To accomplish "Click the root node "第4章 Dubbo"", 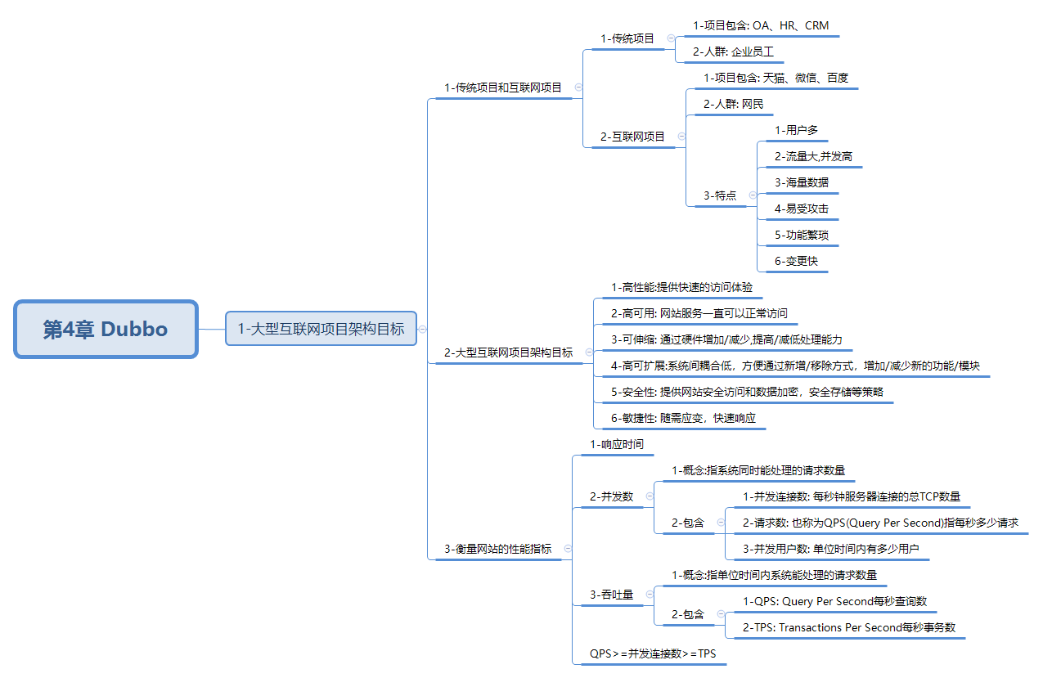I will [x=106, y=329].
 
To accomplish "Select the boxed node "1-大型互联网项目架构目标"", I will [x=321, y=329].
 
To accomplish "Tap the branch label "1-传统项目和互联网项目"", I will [x=503, y=88].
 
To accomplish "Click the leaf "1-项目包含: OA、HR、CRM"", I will [x=761, y=25].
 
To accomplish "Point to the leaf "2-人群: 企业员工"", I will [x=733, y=52].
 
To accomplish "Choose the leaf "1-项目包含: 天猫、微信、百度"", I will [x=776, y=78].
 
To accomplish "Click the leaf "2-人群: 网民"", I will [x=733, y=104].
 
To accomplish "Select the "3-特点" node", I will [x=720, y=195].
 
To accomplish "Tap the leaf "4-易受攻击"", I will [x=802, y=209].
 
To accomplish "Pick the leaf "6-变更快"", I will [x=796, y=261].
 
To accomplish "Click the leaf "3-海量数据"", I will [x=802, y=182].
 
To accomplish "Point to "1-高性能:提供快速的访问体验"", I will [x=681, y=287].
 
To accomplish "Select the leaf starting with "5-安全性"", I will [x=747, y=392].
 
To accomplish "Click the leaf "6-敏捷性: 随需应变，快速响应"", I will [x=683, y=418].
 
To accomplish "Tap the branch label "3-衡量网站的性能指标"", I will [x=497, y=549].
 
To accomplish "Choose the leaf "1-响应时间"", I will [x=617, y=444].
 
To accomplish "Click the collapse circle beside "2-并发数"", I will [x=650, y=496].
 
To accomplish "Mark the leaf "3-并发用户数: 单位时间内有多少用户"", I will [x=831, y=549].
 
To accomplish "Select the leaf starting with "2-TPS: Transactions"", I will [x=849, y=627].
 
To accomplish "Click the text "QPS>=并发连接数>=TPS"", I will [x=653, y=653].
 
